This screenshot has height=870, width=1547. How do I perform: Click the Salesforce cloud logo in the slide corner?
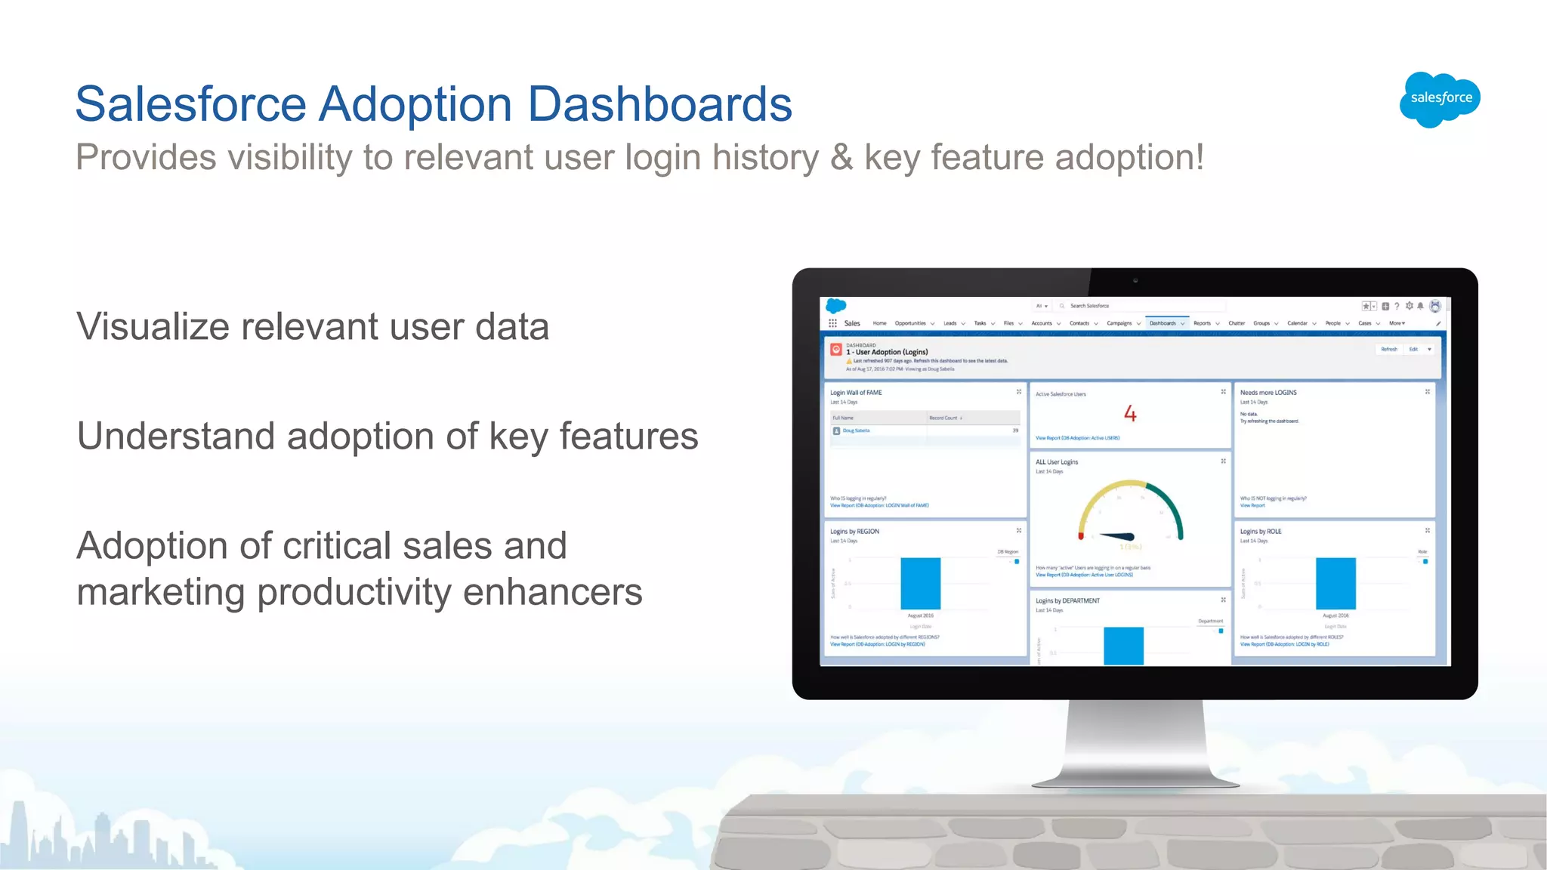click(1440, 99)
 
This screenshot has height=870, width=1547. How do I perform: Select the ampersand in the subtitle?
click(841, 158)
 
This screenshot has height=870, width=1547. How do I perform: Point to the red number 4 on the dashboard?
click(1130, 413)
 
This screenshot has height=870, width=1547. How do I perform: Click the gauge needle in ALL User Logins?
click(1117, 537)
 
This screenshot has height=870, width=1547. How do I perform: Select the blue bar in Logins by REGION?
click(920, 583)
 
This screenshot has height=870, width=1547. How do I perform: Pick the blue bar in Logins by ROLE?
click(1335, 583)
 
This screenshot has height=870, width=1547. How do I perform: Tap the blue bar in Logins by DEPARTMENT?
click(1123, 646)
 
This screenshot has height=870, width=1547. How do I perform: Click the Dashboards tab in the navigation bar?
click(1163, 323)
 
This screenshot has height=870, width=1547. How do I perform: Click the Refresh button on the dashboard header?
click(1389, 349)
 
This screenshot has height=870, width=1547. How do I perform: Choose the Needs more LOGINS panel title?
click(1268, 393)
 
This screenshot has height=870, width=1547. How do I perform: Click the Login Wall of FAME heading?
click(856, 393)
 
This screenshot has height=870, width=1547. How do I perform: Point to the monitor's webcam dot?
click(1135, 280)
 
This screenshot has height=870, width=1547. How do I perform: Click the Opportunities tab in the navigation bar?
click(910, 323)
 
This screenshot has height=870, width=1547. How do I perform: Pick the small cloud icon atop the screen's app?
click(835, 306)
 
